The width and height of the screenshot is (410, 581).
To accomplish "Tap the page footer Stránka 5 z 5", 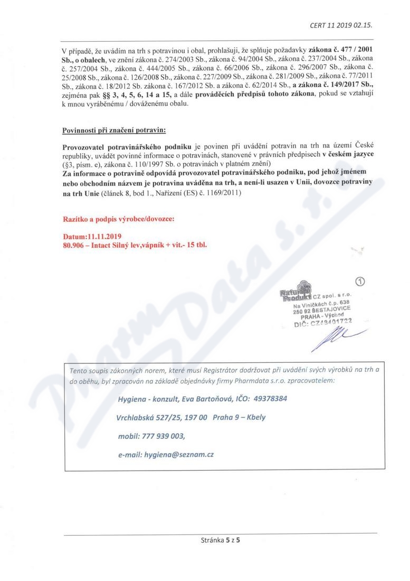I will click(221, 540).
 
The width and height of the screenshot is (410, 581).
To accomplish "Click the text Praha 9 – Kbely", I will click(239, 417).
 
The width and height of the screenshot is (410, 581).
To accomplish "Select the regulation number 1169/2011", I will click(222, 194).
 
